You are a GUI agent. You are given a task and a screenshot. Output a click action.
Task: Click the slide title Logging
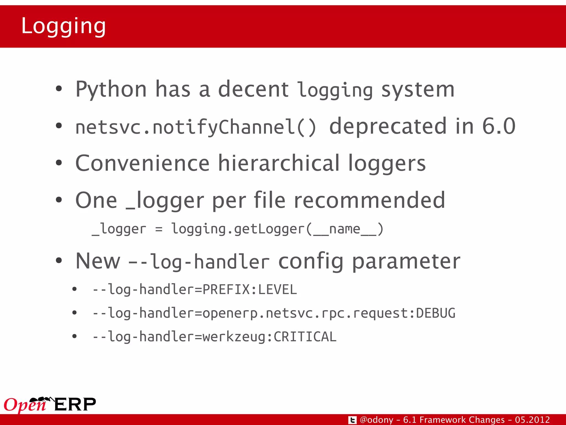(x=63, y=26)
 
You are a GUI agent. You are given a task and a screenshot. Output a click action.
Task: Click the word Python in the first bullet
(x=111, y=89)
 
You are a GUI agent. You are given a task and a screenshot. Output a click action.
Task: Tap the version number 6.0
(x=499, y=126)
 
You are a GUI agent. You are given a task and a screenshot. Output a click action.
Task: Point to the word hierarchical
(x=279, y=163)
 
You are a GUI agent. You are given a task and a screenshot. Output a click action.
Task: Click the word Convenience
(x=142, y=163)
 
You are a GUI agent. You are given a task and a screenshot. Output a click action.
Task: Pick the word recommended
(x=369, y=200)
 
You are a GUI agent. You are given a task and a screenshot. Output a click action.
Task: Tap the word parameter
(x=406, y=261)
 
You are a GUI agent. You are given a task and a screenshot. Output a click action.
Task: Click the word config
(x=311, y=261)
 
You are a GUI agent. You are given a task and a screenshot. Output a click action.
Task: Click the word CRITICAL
(x=305, y=337)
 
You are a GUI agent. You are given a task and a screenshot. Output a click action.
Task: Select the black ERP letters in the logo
(x=75, y=404)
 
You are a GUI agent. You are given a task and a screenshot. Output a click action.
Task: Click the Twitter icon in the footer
(x=352, y=420)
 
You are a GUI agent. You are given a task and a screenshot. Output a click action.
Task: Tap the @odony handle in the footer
(x=376, y=420)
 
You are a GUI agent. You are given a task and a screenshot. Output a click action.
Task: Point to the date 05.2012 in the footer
(x=532, y=420)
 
